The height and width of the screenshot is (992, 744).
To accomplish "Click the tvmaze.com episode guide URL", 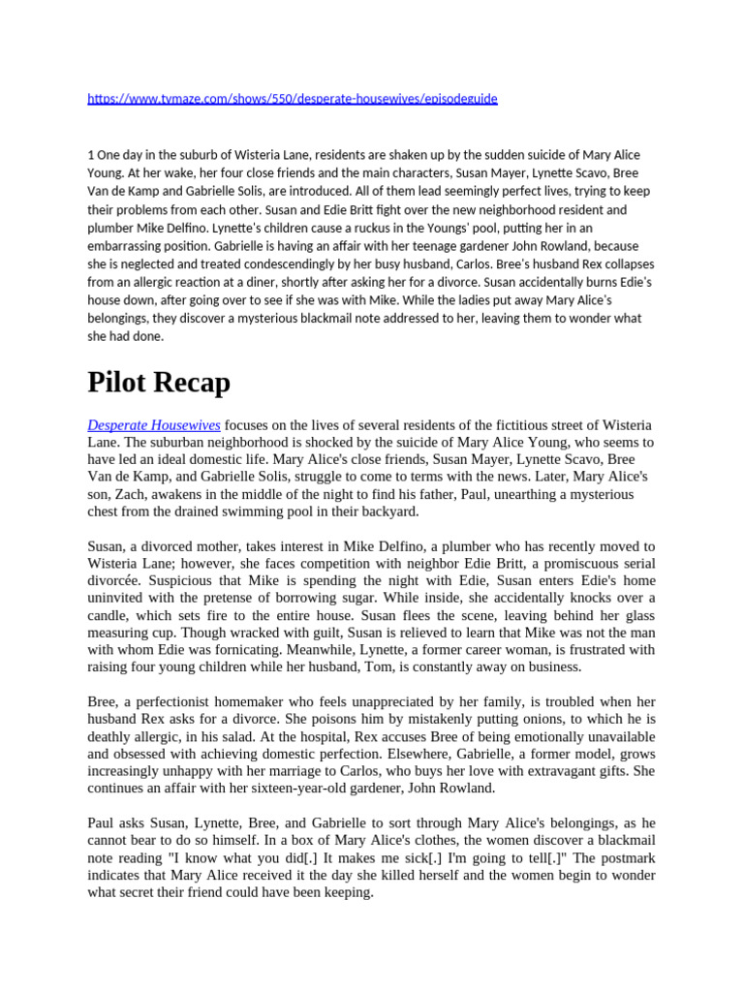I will (292, 99).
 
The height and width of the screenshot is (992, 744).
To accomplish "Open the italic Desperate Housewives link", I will (154, 425).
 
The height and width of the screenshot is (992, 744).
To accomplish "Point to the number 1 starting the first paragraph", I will (90, 155).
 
